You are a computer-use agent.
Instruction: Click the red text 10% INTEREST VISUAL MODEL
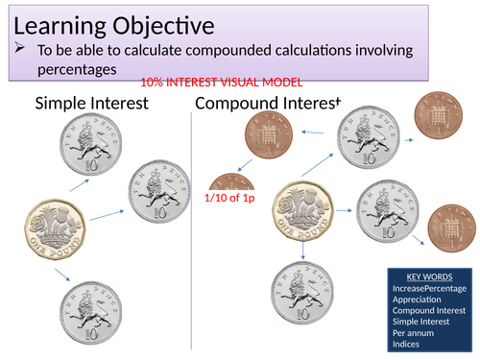tap(222, 84)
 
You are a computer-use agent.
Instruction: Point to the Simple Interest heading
tap(91, 103)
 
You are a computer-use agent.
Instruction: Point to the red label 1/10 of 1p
tap(228, 198)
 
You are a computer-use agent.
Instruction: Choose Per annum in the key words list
tap(414, 333)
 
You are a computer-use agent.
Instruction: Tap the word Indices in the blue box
tap(409, 345)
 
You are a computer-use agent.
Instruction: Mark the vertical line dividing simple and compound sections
tap(192, 230)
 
